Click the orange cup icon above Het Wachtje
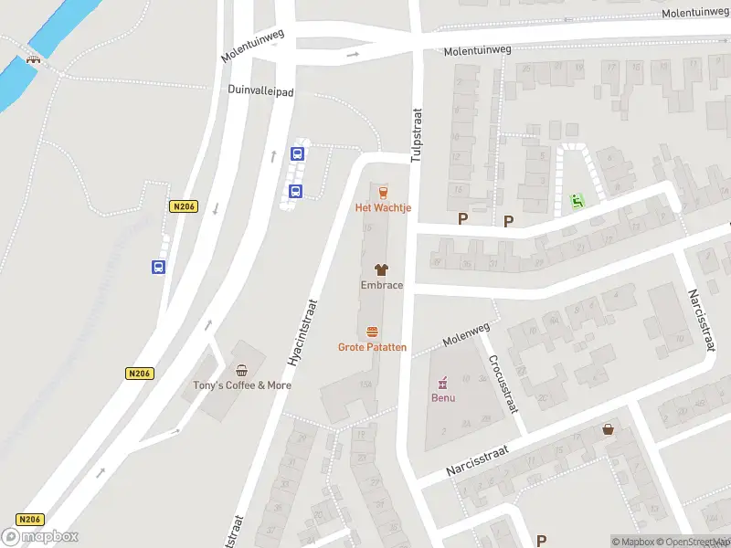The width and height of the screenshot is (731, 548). tap(383, 192)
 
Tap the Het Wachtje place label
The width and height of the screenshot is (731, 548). tap(383, 208)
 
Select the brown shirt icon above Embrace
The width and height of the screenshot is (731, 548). tap(381, 269)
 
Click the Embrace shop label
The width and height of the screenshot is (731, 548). tap(381, 285)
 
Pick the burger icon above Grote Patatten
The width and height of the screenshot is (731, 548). tap(372, 332)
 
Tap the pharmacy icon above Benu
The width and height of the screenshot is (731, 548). tap(443, 382)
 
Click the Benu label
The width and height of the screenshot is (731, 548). tap(443, 398)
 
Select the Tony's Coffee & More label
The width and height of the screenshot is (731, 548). tap(241, 385)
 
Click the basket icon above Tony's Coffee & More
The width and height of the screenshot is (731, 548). tap(241, 370)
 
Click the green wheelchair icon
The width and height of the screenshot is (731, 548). tap(577, 200)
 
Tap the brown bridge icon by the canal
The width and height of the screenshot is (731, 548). tap(34, 60)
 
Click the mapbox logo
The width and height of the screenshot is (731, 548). tap(40, 537)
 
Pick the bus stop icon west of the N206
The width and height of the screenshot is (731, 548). tap(159, 268)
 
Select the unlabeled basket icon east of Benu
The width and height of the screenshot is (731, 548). tap(609, 429)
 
